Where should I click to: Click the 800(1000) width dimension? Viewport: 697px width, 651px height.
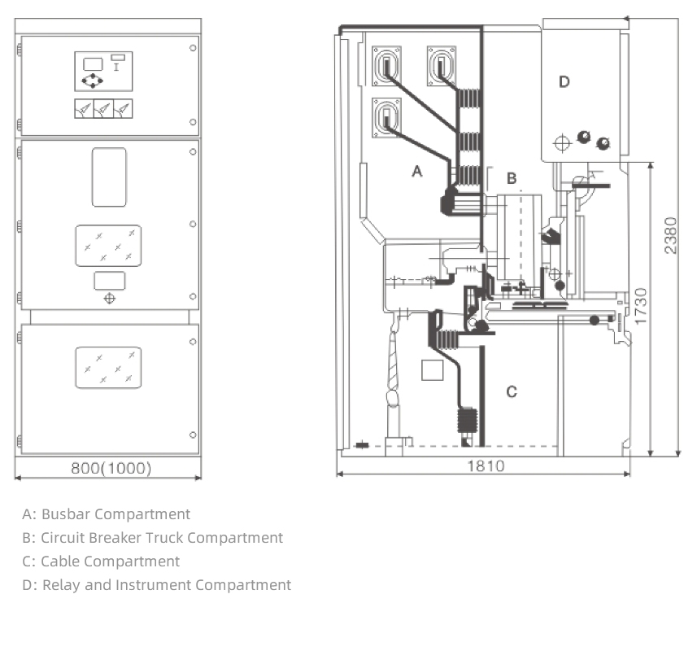[x=111, y=468]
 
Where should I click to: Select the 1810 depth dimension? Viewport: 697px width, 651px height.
[x=486, y=466]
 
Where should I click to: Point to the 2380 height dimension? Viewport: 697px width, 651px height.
[x=670, y=235]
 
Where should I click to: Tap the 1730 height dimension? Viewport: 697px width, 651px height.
[x=641, y=307]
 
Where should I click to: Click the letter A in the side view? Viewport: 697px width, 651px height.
[x=417, y=171]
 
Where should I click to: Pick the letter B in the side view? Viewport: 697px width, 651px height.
[x=512, y=178]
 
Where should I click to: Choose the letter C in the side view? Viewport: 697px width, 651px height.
[x=512, y=391]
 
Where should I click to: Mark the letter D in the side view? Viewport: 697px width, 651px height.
[x=564, y=82]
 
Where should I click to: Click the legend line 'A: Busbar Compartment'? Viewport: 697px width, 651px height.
[x=107, y=514]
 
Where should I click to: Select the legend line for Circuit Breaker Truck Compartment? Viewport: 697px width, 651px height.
[x=152, y=538]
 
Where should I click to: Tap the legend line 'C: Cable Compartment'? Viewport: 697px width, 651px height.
[x=101, y=561]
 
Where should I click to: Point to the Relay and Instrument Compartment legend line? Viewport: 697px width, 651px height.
[x=156, y=585]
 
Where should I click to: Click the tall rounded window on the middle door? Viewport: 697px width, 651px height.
[x=109, y=177]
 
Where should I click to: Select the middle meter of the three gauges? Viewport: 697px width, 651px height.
[x=103, y=108]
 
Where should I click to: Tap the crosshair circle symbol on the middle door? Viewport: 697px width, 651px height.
[x=109, y=299]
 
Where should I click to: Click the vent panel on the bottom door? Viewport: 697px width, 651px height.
[x=108, y=368]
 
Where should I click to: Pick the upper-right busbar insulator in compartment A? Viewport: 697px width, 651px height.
[x=442, y=65]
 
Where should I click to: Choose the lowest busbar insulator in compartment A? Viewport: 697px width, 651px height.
[x=386, y=118]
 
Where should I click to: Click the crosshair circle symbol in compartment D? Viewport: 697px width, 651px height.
[x=562, y=143]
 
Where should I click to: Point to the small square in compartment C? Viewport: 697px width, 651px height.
[x=432, y=370]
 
